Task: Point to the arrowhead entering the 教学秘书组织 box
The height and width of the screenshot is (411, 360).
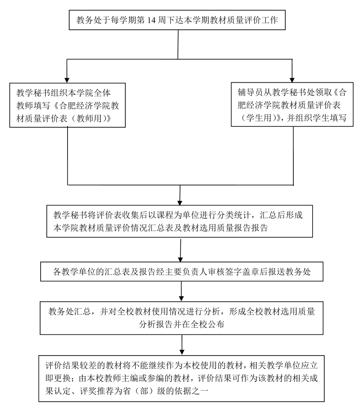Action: (x=67, y=78)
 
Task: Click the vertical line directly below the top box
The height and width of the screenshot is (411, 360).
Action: (x=177, y=44)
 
